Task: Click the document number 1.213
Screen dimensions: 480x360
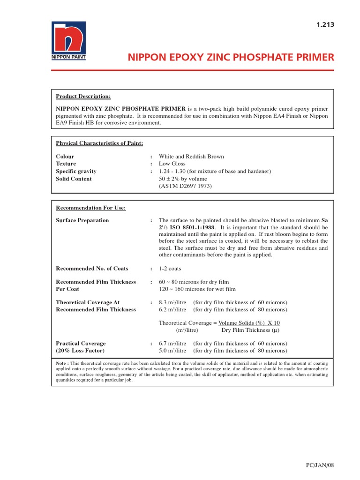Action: [x=325, y=25]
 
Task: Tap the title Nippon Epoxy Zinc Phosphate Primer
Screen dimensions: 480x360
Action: [x=231, y=57]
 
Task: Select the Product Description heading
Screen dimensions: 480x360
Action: [x=83, y=97]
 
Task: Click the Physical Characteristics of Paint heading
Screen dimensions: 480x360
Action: [x=99, y=143]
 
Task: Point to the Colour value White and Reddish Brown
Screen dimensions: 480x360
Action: [x=191, y=157]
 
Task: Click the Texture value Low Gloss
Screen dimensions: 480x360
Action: [x=172, y=164]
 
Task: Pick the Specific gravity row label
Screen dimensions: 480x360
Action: [x=76, y=172]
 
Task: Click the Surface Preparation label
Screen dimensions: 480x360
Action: [x=82, y=220]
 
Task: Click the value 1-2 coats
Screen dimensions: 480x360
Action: [x=170, y=269]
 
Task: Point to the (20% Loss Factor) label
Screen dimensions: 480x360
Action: [x=81, y=351]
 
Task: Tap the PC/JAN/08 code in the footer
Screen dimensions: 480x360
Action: [x=319, y=465]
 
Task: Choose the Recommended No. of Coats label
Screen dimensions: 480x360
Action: [x=92, y=269]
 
